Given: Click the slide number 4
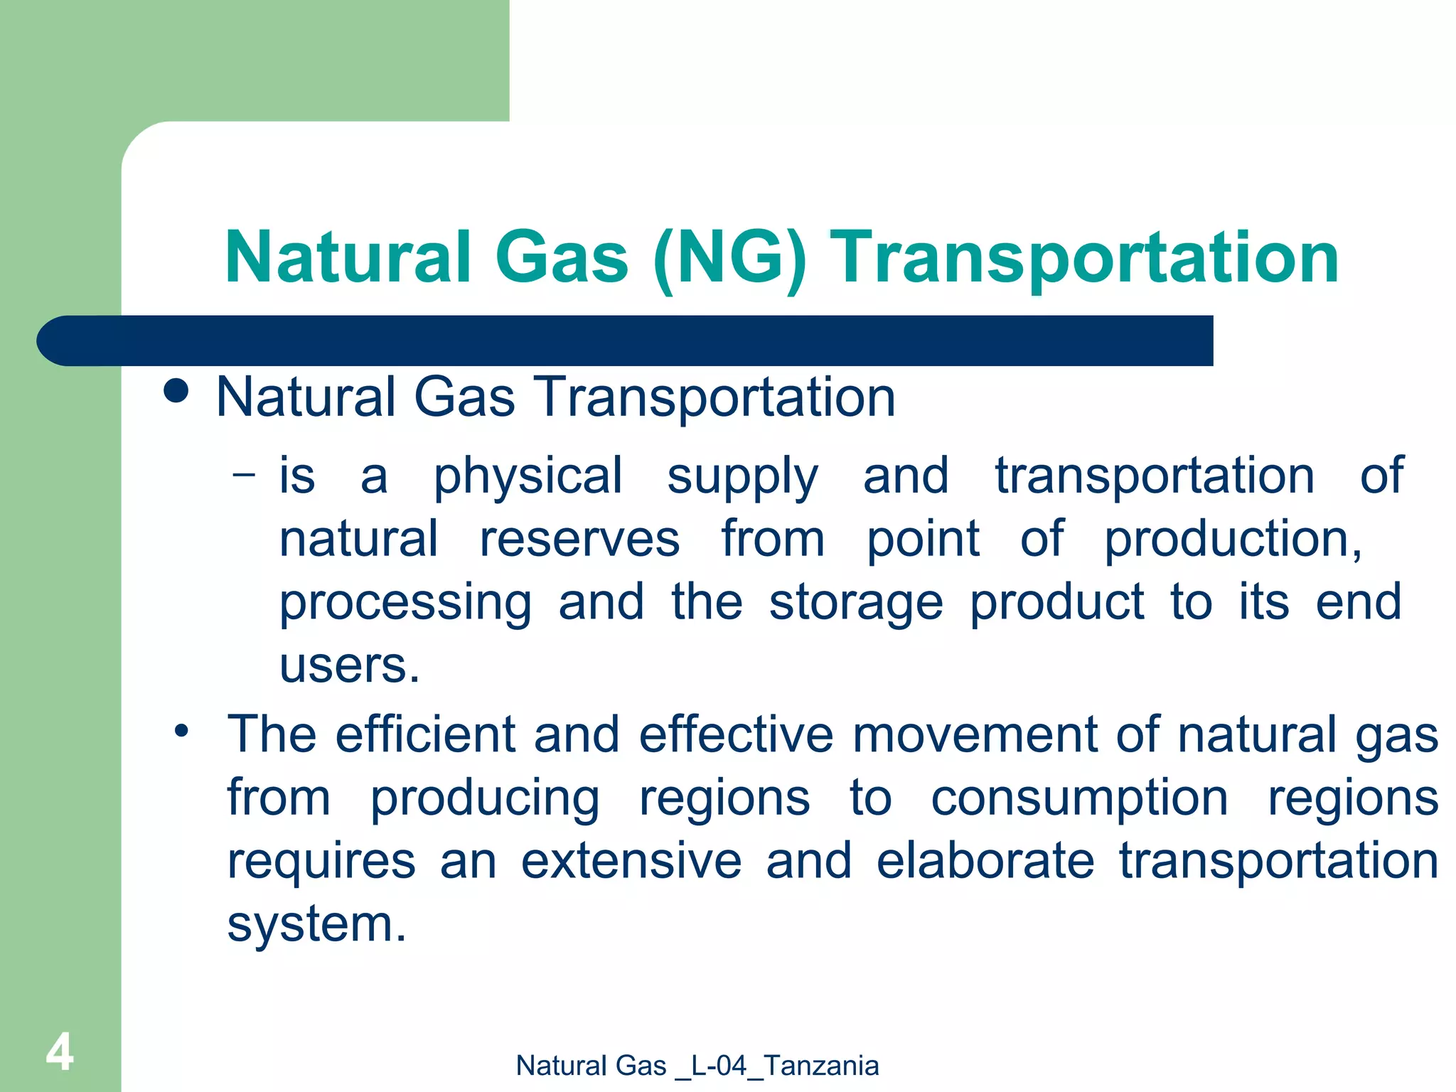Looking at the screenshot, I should pyautogui.click(x=60, y=1052).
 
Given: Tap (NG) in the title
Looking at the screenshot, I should pyautogui.click(x=730, y=257).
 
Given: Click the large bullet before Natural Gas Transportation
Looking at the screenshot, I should pyautogui.click(x=176, y=391).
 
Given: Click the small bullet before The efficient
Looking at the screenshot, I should pyautogui.click(x=182, y=730).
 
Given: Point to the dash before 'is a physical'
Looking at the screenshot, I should pyautogui.click(x=243, y=473).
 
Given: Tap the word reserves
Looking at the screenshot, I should pyautogui.click(x=579, y=539).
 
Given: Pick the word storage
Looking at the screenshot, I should pyautogui.click(x=856, y=603).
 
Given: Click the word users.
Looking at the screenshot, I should pyautogui.click(x=349, y=665).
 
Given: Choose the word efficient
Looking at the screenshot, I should pyautogui.click(x=425, y=734).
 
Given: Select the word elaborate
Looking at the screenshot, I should pyautogui.click(x=985, y=860).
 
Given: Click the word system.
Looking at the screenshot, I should pyautogui.click(x=316, y=924).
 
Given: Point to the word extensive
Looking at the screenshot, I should pyautogui.click(x=631, y=860).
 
